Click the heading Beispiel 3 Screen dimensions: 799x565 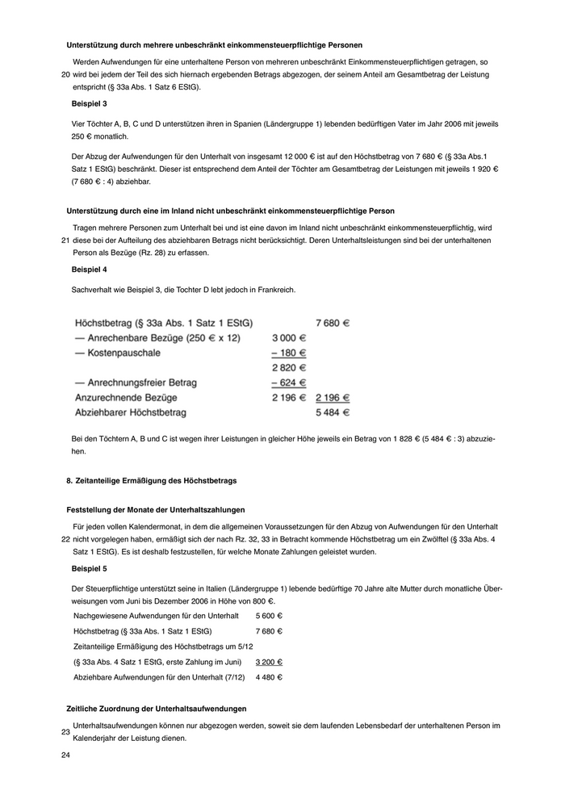tap(89, 104)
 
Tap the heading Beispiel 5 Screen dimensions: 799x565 tap(89, 569)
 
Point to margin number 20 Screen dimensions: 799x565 tap(65, 74)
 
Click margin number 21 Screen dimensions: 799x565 tap(65, 240)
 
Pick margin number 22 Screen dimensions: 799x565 tap(65, 539)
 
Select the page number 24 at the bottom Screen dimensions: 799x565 tap(66, 755)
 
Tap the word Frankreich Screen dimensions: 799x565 tap(277, 288)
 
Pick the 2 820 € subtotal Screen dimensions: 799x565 tap(288, 367)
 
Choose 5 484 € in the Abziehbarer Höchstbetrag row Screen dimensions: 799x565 tap(332, 412)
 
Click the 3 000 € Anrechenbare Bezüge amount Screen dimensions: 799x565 tap(288, 338)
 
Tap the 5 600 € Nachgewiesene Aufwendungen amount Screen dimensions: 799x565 tap(269, 616)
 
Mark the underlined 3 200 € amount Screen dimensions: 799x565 tap(269, 662)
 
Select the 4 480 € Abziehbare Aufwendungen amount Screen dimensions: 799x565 tap(269, 677)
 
